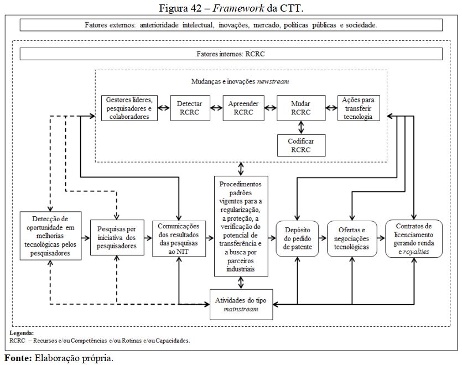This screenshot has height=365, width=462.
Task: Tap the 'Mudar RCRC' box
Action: (301, 108)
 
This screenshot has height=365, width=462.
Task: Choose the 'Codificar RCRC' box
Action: (301, 145)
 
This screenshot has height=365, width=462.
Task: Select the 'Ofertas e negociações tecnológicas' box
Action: (352, 238)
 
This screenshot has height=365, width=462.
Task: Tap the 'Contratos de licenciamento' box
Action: (413, 238)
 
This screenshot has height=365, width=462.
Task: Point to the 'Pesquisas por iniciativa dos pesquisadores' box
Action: (117, 238)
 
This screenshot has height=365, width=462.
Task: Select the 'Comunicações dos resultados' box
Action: (178, 238)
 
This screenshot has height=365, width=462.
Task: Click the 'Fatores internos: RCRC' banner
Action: (231, 54)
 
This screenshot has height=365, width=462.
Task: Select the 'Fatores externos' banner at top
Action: (231, 25)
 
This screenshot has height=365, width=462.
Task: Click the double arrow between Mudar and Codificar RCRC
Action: (301, 127)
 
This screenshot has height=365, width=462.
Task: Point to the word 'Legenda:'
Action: (22, 333)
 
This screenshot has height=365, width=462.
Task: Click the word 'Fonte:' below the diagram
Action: (18, 358)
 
